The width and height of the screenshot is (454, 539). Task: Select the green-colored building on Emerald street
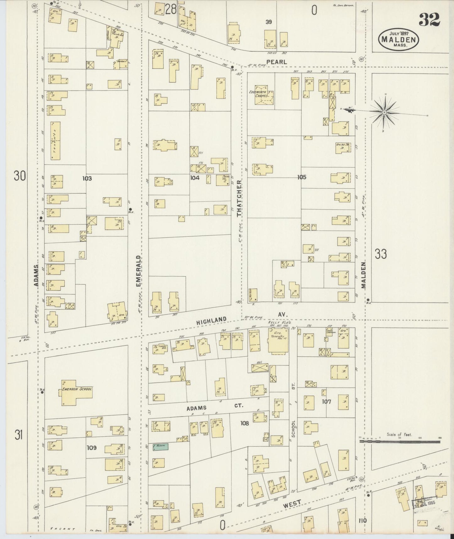(x=161, y=446)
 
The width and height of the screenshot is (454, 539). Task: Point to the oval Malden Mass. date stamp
(x=399, y=39)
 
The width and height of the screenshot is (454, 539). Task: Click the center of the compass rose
(x=384, y=112)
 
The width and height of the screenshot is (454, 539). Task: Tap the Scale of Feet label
(x=399, y=435)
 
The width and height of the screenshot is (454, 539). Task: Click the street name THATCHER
(x=239, y=198)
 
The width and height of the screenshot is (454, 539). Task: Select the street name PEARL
(x=276, y=62)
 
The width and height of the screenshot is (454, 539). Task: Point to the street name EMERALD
(x=138, y=271)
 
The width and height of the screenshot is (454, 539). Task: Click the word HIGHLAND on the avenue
(x=211, y=321)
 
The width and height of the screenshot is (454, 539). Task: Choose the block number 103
(x=87, y=178)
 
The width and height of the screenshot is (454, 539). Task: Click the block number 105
(x=302, y=177)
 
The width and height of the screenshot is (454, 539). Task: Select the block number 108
(x=244, y=423)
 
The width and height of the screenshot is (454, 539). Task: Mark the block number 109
(x=92, y=447)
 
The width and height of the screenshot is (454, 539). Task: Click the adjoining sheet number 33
(x=380, y=254)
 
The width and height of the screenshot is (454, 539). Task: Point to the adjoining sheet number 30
(x=19, y=176)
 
